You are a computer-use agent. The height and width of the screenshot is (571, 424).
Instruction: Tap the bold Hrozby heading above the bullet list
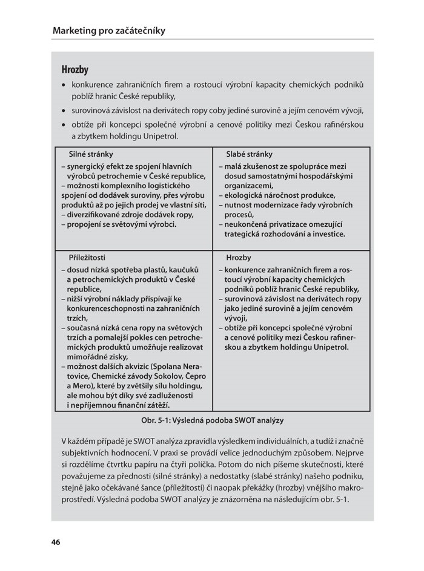75,70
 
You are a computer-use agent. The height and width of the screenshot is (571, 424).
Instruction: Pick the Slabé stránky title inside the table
249,154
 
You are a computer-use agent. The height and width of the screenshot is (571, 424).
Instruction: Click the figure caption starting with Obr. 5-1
212,419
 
